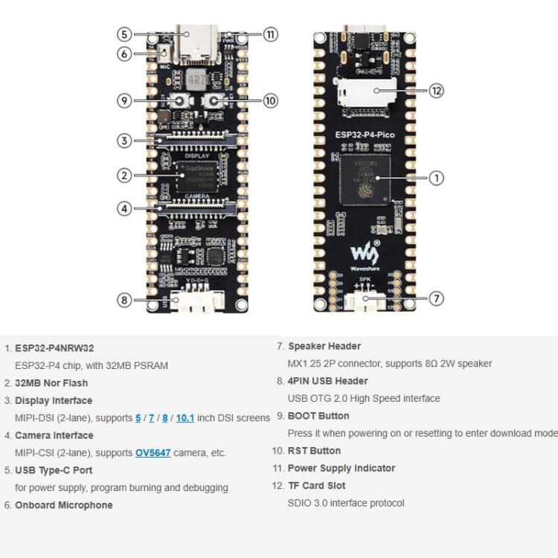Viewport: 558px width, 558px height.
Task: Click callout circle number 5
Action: [124, 34]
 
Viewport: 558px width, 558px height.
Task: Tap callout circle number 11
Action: [270, 34]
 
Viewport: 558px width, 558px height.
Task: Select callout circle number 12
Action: [437, 91]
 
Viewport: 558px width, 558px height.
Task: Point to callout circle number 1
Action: [437, 177]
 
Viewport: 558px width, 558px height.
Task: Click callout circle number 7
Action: [437, 298]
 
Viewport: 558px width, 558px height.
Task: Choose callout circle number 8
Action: [124, 300]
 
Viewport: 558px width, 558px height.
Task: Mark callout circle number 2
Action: [124, 176]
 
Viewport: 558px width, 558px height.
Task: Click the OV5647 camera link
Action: [153, 452]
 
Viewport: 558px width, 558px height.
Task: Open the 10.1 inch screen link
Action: [185, 417]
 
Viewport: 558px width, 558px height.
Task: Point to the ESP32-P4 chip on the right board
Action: [365, 179]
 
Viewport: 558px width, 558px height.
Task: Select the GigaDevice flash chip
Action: [197, 177]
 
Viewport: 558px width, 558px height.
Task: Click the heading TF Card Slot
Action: [316, 486]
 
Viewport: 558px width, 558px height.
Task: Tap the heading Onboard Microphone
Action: [63, 505]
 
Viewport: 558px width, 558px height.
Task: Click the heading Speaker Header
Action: [324, 346]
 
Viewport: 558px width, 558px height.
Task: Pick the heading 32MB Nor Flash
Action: [51, 383]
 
